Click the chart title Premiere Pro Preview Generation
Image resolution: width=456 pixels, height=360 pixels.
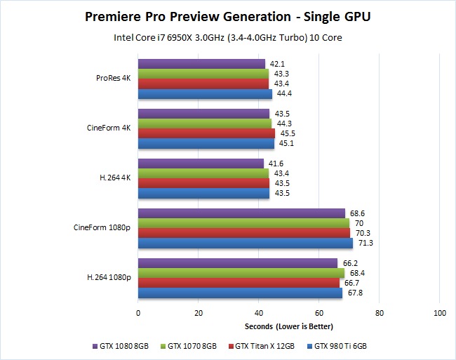click(227, 15)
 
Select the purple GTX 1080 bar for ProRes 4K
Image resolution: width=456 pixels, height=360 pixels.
click(201, 64)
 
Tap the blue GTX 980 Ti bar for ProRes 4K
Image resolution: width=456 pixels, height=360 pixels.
click(205, 93)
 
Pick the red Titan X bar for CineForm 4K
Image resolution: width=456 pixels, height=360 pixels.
click(206, 133)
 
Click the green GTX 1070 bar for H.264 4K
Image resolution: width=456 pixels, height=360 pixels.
click(203, 173)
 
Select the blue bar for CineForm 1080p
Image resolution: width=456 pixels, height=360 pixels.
click(245, 243)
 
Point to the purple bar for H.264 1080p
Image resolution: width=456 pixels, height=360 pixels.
click(237, 263)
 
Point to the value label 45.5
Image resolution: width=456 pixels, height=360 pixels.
click(286, 133)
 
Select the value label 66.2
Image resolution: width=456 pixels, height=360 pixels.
click(349, 263)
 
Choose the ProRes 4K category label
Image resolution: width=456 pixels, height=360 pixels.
click(114, 78)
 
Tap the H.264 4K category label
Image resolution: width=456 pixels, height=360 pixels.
click(114, 178)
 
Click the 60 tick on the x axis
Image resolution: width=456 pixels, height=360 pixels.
click(318, 312)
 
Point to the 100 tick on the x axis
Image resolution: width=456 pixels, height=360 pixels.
click(439, 312)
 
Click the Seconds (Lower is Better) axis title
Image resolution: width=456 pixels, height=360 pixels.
click(288, 327)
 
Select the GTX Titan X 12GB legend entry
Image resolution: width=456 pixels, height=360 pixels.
click(267, 346)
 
